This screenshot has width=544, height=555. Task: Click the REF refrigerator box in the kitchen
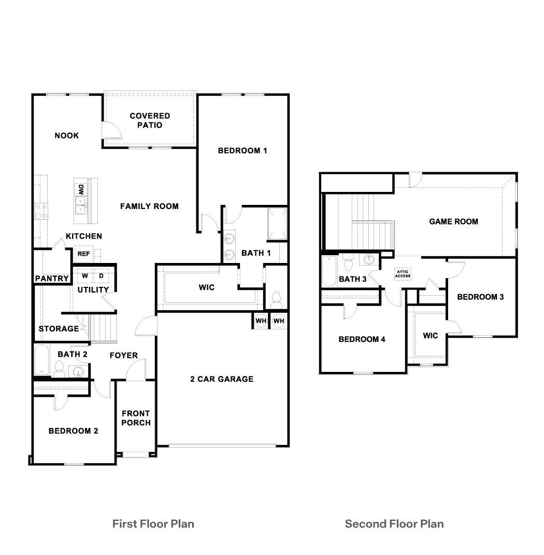83,254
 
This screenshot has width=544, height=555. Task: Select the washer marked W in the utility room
84,276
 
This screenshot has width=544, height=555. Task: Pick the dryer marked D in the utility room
101,276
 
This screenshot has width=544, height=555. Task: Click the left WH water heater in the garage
261,321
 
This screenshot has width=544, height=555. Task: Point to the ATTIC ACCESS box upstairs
403,273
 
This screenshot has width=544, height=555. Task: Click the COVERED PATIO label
150,120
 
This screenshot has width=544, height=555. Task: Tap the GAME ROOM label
453,221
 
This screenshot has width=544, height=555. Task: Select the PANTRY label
52,279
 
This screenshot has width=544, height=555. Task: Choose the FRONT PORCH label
136,418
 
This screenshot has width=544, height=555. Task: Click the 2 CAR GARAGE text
221,379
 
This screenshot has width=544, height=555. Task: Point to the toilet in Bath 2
59,368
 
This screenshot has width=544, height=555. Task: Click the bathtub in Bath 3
329,270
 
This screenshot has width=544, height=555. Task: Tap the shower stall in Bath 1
277,224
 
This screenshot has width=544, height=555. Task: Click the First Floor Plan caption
153,523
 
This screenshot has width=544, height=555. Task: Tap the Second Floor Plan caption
394,523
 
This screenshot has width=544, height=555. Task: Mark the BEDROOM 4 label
362,339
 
